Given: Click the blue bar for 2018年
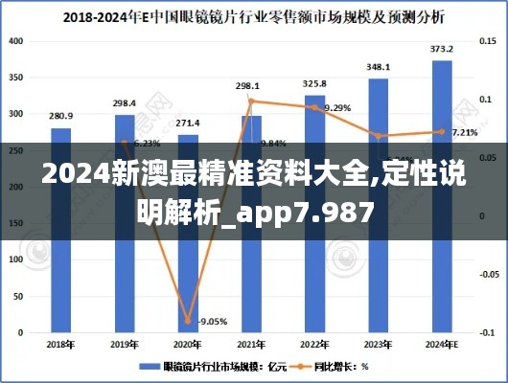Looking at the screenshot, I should (60, 230).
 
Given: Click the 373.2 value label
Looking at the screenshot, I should (441, 49).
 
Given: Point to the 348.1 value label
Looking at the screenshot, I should (378, 67).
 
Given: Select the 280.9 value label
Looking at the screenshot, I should (60, 116).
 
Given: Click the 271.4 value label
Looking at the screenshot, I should (188, 123).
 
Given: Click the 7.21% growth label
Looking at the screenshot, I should (464, 132).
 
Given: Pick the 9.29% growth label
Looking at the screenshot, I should (337, 108).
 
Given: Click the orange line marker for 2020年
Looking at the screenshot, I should (188, 321).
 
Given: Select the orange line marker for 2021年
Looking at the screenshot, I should (251, 101).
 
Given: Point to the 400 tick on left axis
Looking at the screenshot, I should (18, 42).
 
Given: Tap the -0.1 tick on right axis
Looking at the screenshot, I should (486, 331).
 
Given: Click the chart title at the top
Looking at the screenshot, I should (254, 16).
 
